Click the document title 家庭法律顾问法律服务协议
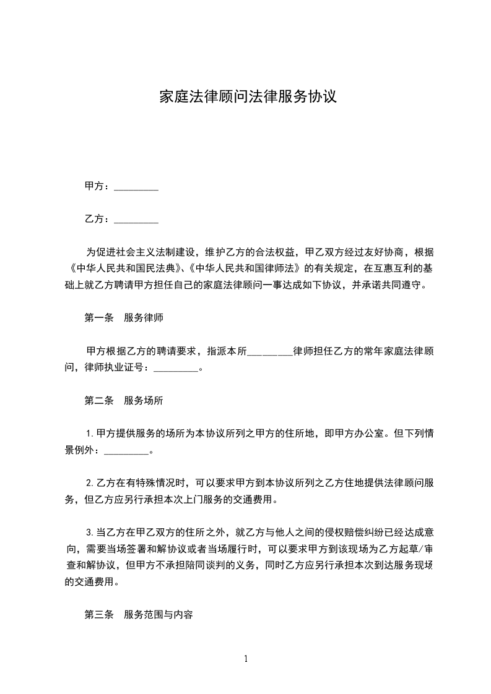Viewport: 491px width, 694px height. (x=248, y=97)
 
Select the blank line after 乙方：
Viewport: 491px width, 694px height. (x=136, y=220)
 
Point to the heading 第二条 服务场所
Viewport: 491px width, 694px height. (x=123, y=400)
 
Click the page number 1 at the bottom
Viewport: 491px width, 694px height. (x=246, y=658)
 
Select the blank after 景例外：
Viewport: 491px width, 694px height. (x=126, y=450)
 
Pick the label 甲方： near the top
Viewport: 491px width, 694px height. (x=98, y=186)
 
